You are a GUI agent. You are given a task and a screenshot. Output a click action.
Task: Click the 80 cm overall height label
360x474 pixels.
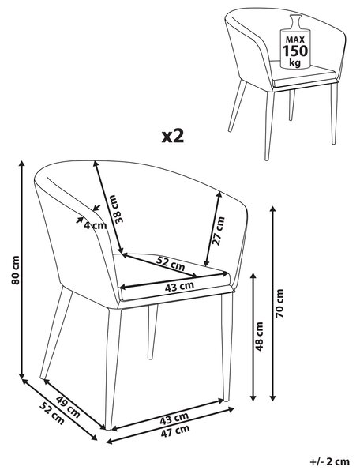pyautogui.click(x=16, y=270)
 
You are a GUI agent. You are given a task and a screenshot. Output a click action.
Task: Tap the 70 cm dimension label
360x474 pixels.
pyautogui.click(x=279, y=303)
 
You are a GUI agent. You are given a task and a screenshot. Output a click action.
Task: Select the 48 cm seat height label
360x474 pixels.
pyautogui.click(x=259, y=337)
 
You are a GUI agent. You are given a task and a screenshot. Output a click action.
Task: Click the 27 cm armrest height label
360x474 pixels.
pyautogui.click(x=219, y=231)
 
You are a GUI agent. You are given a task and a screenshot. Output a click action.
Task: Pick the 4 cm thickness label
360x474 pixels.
pyautogui.click(x=96, y=225)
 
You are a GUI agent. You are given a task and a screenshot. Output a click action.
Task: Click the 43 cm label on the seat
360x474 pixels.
pyautogui.click(x=179, y=286)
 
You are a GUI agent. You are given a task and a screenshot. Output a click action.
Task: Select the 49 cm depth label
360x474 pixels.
pyautogui.click(x=68, y=406)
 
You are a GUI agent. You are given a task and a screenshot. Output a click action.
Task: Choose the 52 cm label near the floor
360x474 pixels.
pyautogui.click(x=52, y=413)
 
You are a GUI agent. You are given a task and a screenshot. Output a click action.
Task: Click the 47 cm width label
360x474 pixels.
pyautogui.click(x=175, y=431)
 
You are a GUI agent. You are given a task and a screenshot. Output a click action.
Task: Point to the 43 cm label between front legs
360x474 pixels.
pyautogui.click(x=174, y=419)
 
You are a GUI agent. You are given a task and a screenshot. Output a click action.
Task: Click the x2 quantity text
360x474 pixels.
pyautogui.click(x=173, y=137)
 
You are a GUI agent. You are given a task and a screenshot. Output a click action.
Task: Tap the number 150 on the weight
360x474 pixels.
pyautogui.click(x=295, y=51)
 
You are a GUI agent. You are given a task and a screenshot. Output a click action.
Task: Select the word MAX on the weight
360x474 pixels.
pyautogui.click(x=295, y=39)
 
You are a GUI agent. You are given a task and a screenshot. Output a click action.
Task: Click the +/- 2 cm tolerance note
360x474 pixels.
pyautogui.click(x=330, y=461)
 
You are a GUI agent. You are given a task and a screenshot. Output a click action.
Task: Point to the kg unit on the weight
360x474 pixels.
pyautogui.click(x=294, y=63)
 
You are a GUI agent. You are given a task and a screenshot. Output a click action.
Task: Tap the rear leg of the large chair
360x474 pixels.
pyautogui.click(x=152, y=332)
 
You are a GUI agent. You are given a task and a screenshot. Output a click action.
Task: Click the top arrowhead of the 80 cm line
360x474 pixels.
pyautogui.click(x=21, y=164)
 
